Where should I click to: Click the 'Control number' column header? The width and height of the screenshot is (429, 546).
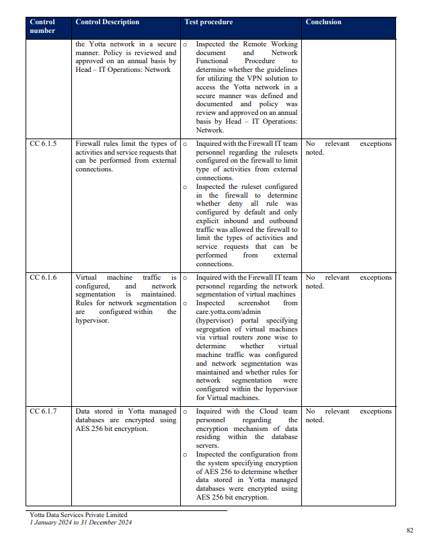42,26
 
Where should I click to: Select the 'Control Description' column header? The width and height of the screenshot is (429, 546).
108,22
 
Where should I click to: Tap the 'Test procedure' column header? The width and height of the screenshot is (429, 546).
208,22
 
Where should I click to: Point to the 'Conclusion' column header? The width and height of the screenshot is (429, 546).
323,22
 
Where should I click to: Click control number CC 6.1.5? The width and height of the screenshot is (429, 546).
44,144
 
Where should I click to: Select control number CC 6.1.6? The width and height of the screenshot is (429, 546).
44,278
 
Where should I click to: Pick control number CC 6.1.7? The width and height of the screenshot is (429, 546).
44,412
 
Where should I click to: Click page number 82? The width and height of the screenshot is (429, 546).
409,530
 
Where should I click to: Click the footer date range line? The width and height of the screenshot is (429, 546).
81,522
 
